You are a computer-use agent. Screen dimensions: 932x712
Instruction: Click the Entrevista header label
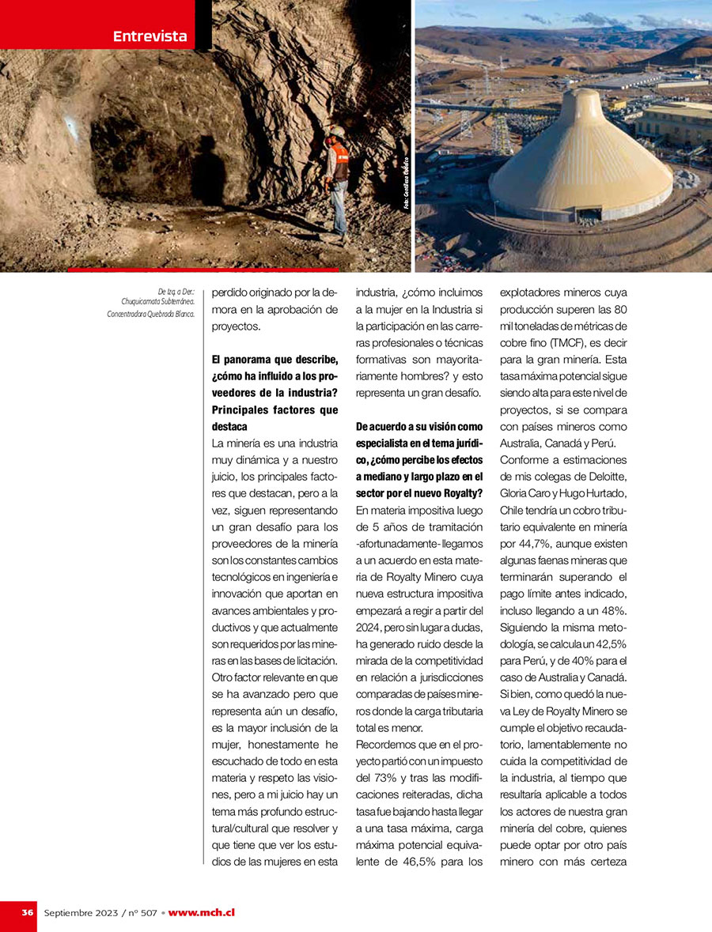pos(150,36)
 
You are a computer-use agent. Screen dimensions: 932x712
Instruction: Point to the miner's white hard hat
pos(338,131)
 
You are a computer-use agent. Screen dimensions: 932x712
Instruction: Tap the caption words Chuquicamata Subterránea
pos(158,300)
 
